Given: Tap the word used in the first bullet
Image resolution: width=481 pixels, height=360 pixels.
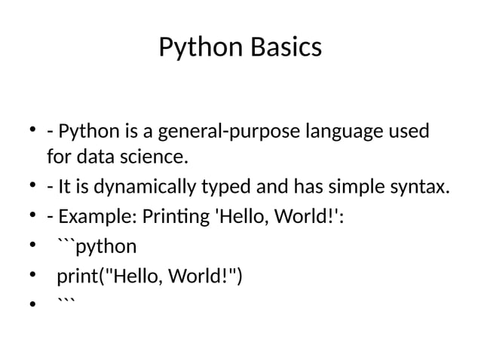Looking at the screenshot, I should pyautogui.click(x=409, y=133).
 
